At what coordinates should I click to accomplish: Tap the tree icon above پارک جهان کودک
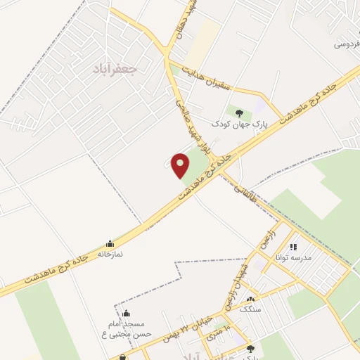click(240, 112)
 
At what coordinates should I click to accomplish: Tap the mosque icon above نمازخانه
click(110, 243)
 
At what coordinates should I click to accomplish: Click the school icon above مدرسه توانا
click(294, 247)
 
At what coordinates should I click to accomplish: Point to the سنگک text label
click(250, 309)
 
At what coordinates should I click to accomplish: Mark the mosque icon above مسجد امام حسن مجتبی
click(126, 313)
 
